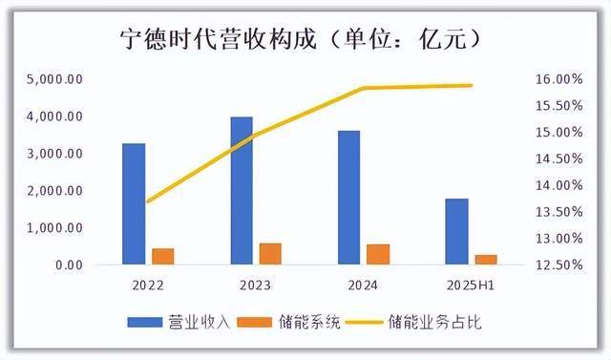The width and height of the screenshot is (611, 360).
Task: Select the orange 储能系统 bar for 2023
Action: [x=270, y=254]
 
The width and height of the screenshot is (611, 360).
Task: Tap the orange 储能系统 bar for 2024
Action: [x=378, y=255]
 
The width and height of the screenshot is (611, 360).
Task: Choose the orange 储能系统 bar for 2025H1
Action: [x=485, y=260]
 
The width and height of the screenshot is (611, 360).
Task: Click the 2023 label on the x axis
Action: [x=256, y=285]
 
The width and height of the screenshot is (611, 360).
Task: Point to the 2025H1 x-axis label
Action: [x=472, y=285]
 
